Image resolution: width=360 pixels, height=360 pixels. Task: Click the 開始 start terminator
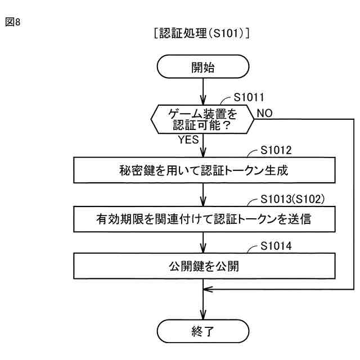coord(202,68)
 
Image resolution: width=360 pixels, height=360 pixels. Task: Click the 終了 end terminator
coord(202,330)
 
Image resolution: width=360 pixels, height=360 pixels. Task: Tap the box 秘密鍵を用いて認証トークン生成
coord(202,170)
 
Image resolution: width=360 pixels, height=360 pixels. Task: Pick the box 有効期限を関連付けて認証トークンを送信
coord(202,218)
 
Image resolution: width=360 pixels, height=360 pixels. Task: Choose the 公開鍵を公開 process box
coord(202,266)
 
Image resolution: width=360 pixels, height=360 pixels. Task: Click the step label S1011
coord(251,97)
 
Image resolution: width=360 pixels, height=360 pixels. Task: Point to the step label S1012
coord(277,151)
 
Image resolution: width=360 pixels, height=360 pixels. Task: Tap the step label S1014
coord(277,247)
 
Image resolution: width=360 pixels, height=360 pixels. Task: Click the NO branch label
coord(264,113)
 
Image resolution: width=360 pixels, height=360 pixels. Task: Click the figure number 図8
coord(12,24)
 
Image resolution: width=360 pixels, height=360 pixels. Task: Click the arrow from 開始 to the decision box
coord(202,92)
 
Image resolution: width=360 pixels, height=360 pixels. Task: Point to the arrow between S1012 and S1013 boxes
coord(202,195)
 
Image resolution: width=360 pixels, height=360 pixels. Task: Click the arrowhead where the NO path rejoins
coord(207,289)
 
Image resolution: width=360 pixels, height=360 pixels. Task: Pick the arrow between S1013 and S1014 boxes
coord(202,242)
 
